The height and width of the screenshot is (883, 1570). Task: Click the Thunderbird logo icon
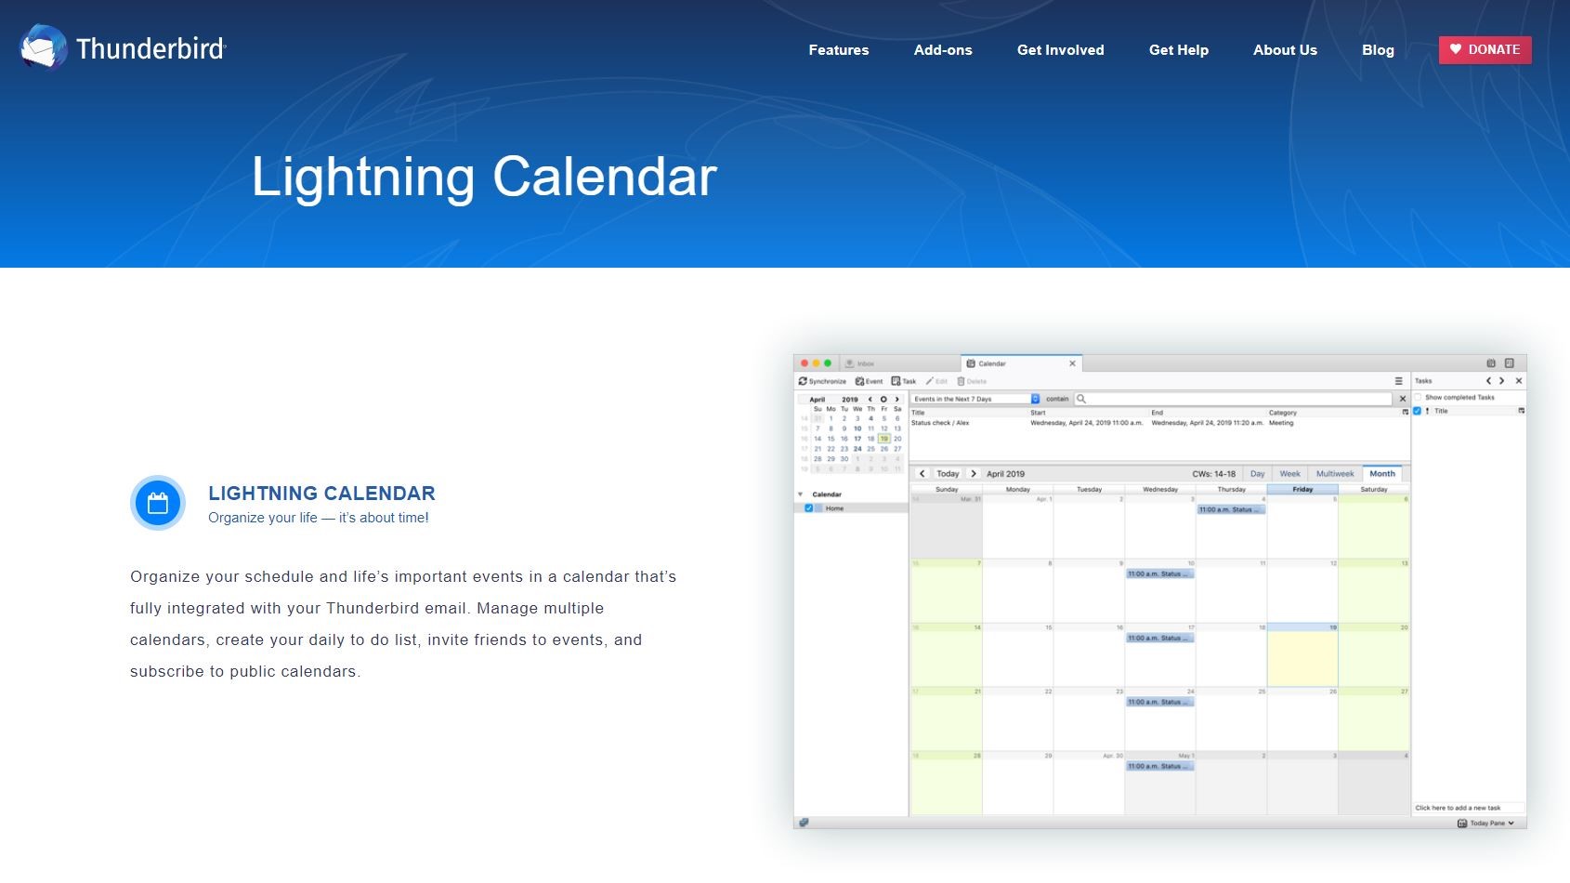pos(43,47)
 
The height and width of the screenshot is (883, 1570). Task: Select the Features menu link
pos(838,50)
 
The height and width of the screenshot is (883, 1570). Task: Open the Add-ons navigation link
pos(943,50)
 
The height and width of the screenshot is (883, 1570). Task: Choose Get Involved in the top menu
pos(1060,50)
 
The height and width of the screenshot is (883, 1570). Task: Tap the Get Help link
pos(1178,50)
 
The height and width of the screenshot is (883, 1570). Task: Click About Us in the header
pos(1285,50)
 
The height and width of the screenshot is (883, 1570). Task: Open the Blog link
pos(1378,50)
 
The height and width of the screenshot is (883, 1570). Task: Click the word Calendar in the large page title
pos(604,177)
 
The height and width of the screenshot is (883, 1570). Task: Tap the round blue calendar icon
pos(158,503)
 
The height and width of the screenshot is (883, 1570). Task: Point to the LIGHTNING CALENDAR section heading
pos(321,494)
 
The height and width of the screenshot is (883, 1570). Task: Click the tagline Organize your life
pos(318,518)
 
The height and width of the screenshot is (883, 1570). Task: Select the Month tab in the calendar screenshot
pos(1381,474)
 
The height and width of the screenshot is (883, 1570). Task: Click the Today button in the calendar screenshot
pos(948,474)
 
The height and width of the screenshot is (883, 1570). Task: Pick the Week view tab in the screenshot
pos(1289,474)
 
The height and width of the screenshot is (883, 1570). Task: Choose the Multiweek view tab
pos(1334,474)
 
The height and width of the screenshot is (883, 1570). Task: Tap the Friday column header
pos(1302,489)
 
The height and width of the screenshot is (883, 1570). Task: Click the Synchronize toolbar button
pos(822,381)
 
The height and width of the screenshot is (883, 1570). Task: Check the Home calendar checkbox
pos(808,508)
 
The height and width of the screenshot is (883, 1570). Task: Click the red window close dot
pos(805,363)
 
